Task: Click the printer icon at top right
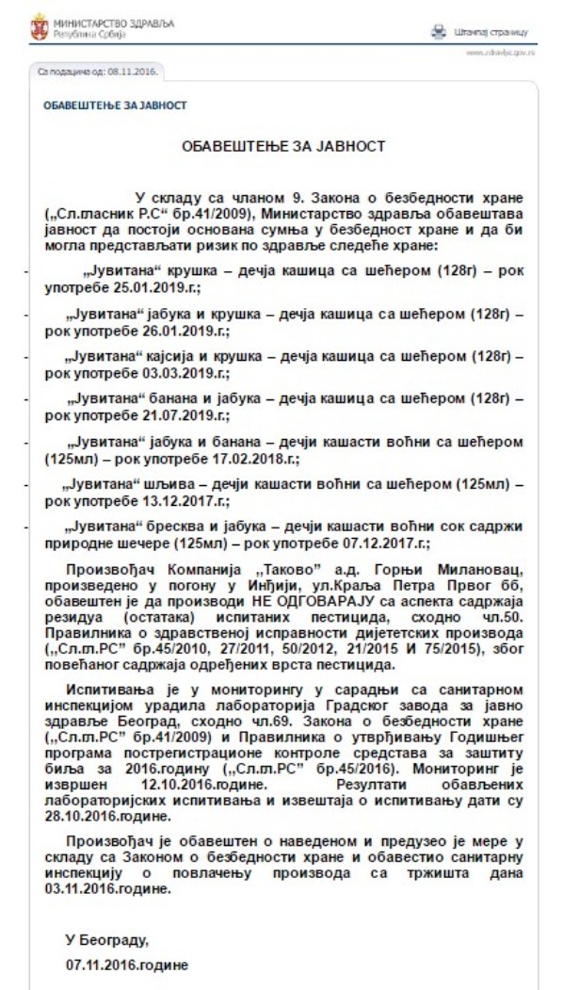(437, 30)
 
